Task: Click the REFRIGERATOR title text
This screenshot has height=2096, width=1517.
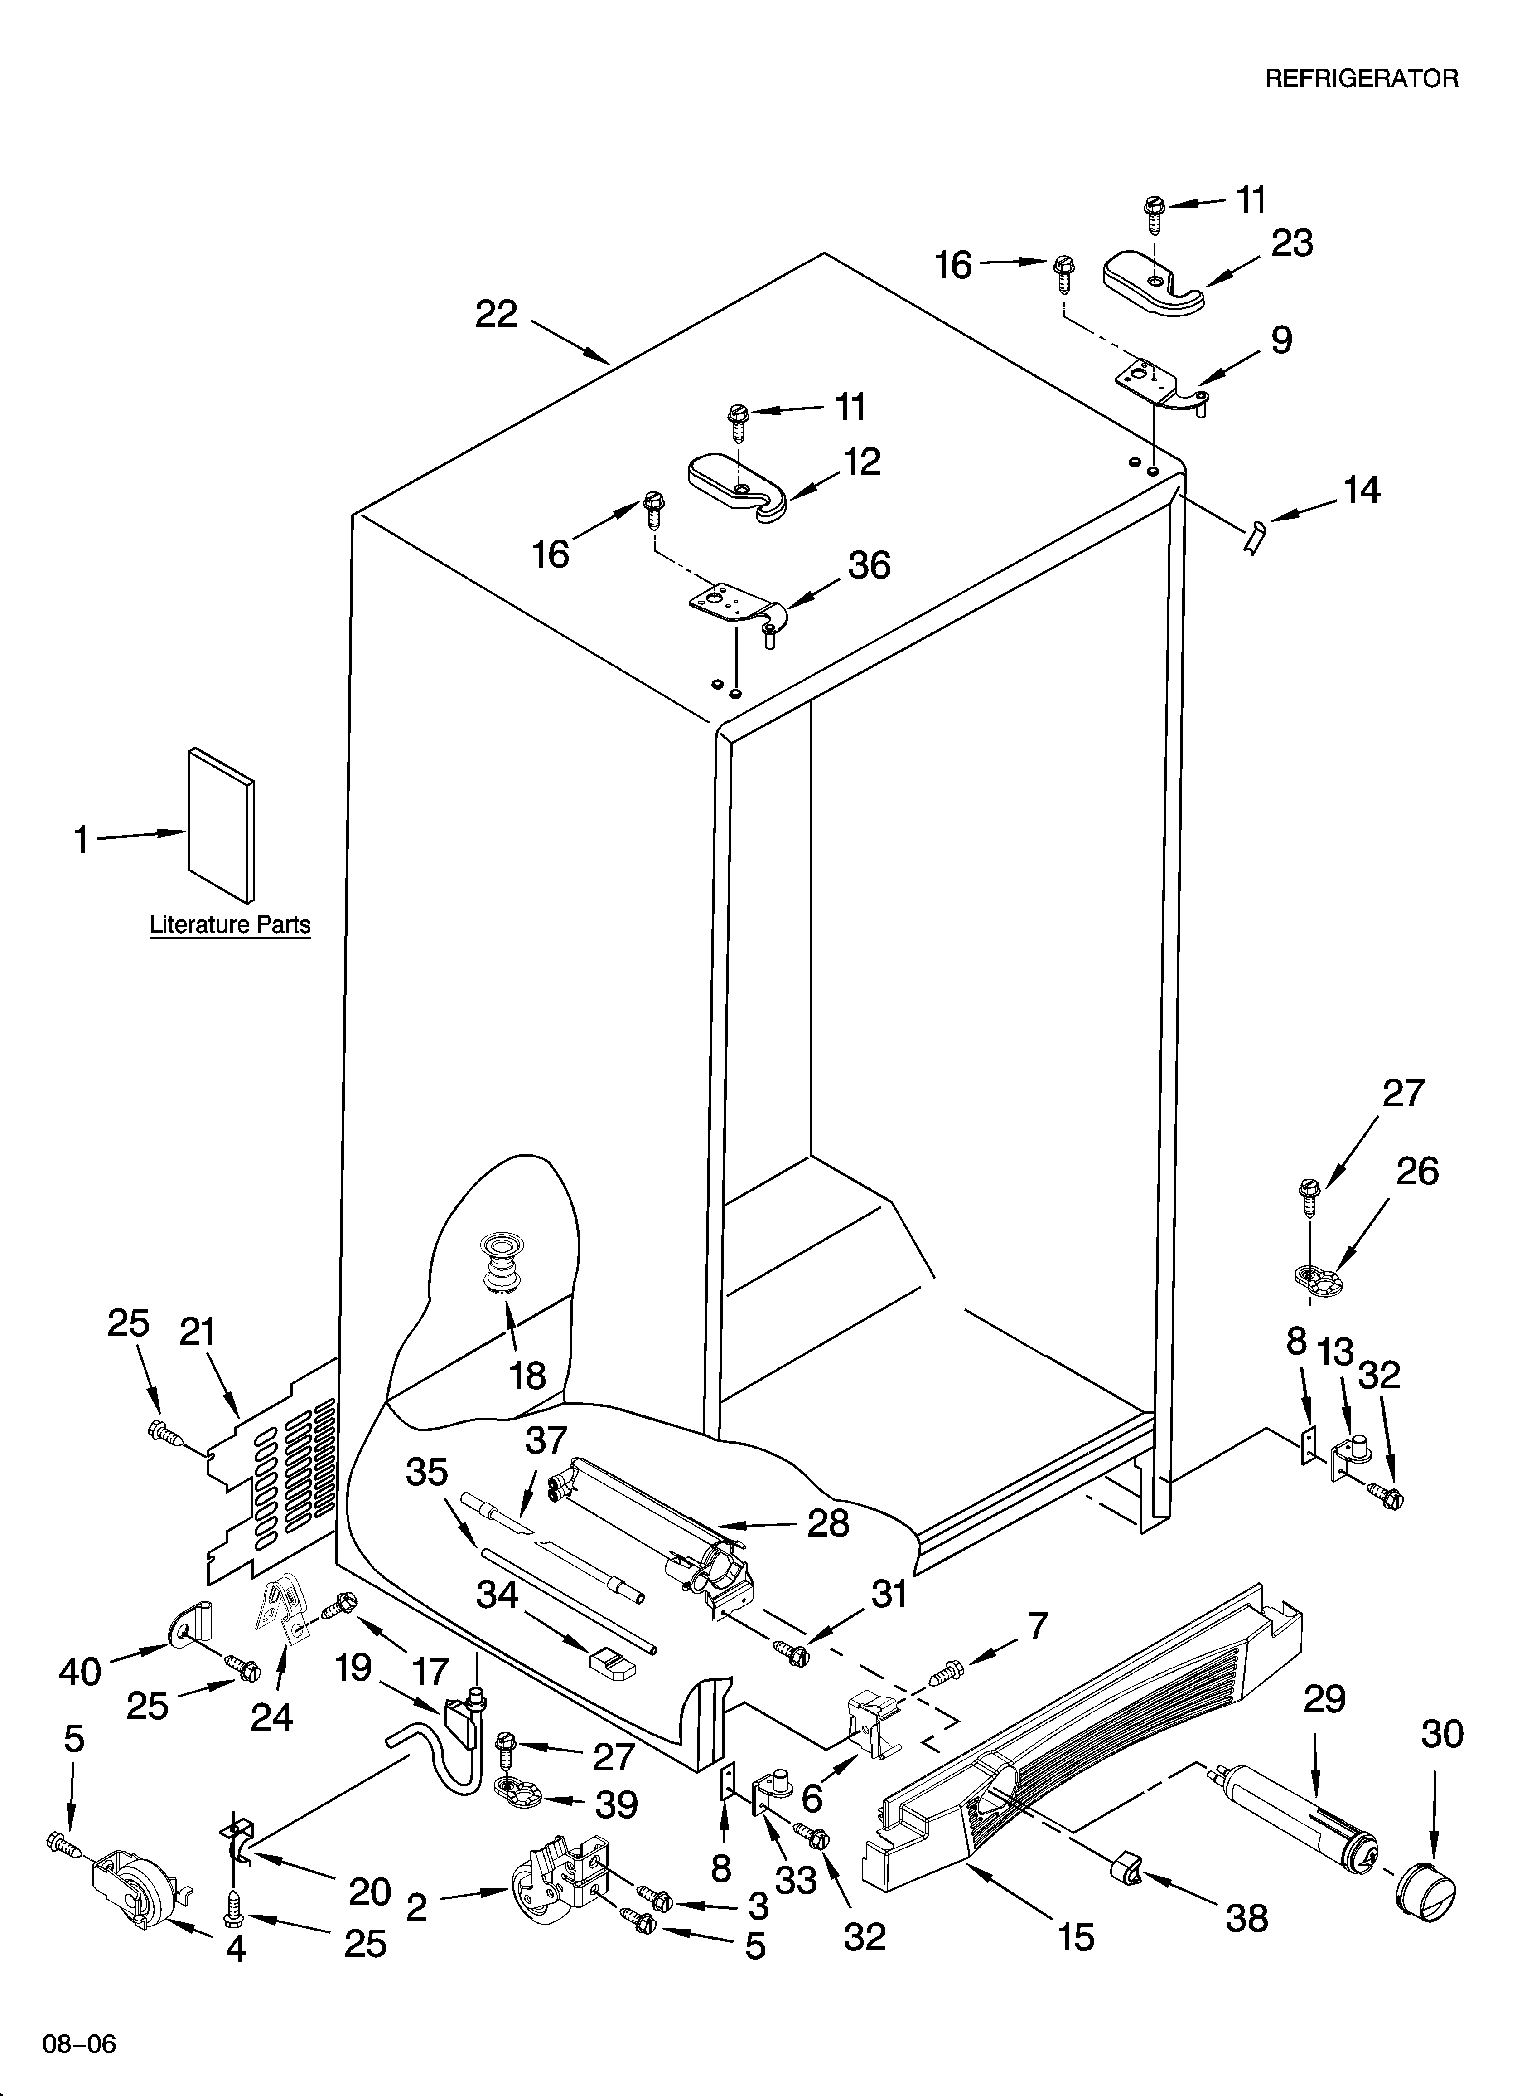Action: [x=1361, y=78]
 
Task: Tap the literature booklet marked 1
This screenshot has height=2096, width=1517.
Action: [x=221, y=825]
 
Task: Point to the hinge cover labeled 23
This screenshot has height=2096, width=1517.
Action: [x=1153, y=285]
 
